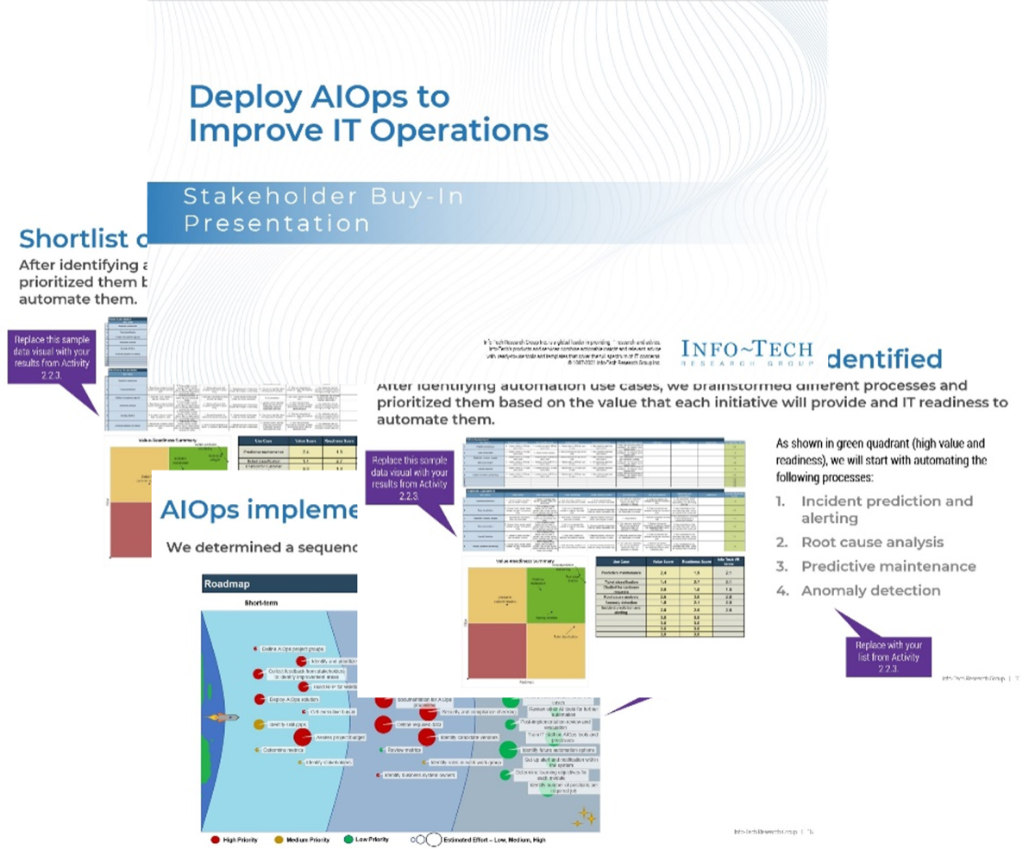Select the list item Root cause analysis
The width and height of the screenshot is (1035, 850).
pyautogui.click(x=871, y=542)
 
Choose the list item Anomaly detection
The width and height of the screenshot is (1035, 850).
pyautogui.click(x=869, y=590)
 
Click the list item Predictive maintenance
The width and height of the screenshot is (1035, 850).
pyautogui.click(x=888, y=566)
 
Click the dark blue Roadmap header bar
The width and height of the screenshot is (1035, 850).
pyautogui.click(x=277, y=584)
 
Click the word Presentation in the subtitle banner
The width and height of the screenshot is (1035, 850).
pyautogui.click(x=278, y=224)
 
